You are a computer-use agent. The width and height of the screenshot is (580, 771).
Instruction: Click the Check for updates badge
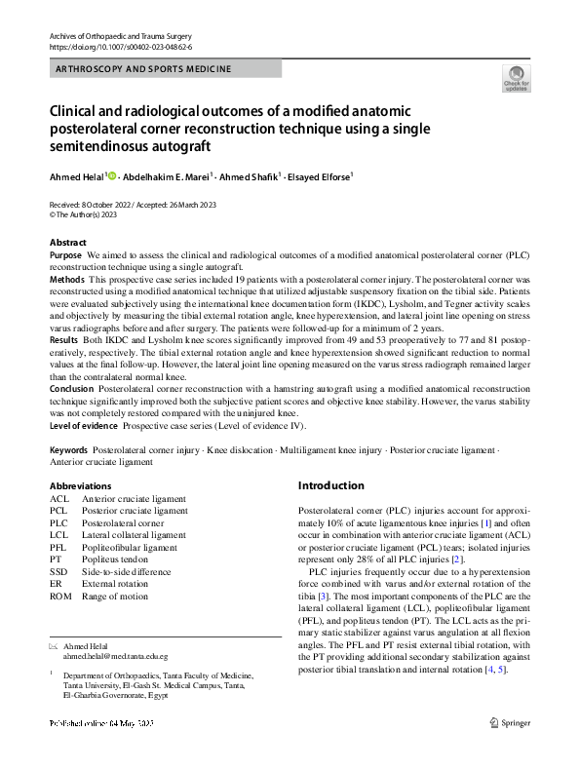515,78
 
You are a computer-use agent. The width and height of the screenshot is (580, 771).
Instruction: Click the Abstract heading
68,243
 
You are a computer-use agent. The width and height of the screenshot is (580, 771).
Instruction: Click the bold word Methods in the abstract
67,279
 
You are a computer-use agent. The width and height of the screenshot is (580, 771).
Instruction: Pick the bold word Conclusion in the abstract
73,387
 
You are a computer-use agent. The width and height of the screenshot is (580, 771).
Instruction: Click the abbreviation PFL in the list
58,548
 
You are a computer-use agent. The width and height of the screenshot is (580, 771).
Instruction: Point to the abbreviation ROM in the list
60,597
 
